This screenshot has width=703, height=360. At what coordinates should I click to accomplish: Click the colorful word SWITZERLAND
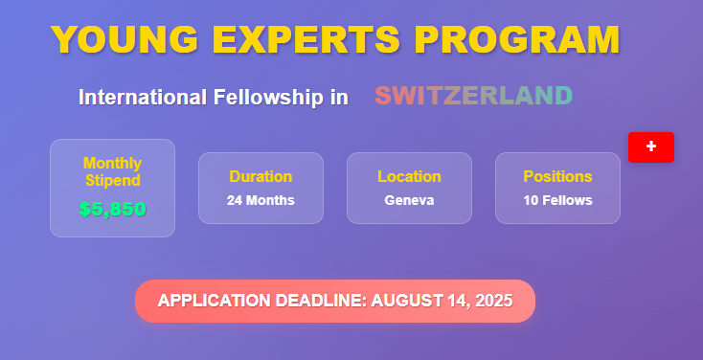click(x=473, y=96)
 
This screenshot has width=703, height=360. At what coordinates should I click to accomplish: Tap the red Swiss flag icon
click(x=651, y=146)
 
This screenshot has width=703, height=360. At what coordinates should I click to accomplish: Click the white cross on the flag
click(x=651, y=146)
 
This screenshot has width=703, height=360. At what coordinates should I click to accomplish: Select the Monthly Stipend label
click(x=112, y=171)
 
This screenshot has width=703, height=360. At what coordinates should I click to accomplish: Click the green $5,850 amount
click(x=112, y=209)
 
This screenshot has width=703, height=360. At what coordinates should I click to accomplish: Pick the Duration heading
click(x=261, y=176)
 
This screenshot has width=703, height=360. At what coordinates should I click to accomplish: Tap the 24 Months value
click(x=261, y=201)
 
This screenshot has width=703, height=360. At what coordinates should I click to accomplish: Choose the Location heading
click(x=409, y=176)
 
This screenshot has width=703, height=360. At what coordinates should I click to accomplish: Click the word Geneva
click(x=409, y=201)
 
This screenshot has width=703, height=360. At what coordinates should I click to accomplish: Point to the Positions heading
click(x=557, y=176)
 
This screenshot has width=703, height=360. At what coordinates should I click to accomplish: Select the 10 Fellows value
click(x=557, y=201)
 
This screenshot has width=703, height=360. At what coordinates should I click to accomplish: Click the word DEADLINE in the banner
click(x=315, y=301)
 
